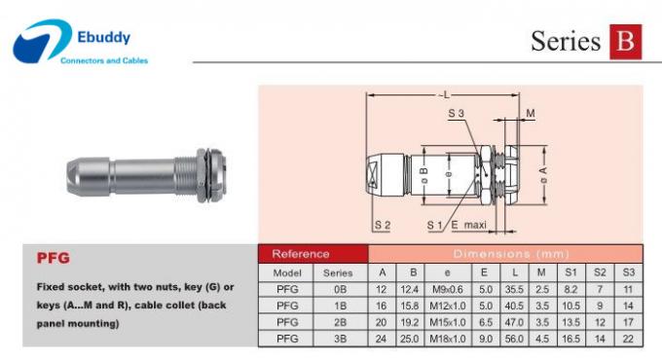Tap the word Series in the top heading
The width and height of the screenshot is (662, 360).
coord(565,42)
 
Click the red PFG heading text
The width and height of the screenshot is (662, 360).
coord(52,259)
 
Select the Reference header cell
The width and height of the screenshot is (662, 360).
coord(301,254)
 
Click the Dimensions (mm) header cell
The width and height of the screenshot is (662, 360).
coord(505,254)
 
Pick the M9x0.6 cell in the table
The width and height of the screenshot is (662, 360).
coord(448,289)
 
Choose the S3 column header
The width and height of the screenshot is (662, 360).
coord(628,273)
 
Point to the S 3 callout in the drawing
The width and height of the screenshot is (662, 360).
coord(457,115)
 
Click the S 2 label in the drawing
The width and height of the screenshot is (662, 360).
coord(382,225)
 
